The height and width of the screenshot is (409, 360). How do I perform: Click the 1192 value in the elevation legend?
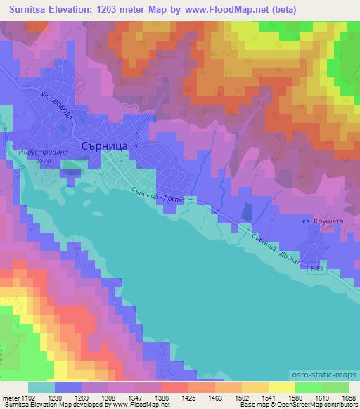pyautogui.click(x=27, y=397)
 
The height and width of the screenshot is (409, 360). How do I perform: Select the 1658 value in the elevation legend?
pyautogui.click(x=347, y=397)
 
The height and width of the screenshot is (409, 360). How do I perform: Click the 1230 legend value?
pyautogui.click(x=54, y=397)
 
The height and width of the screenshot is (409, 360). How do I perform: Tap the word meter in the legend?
pyautogui.click(x=10, y=397)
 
